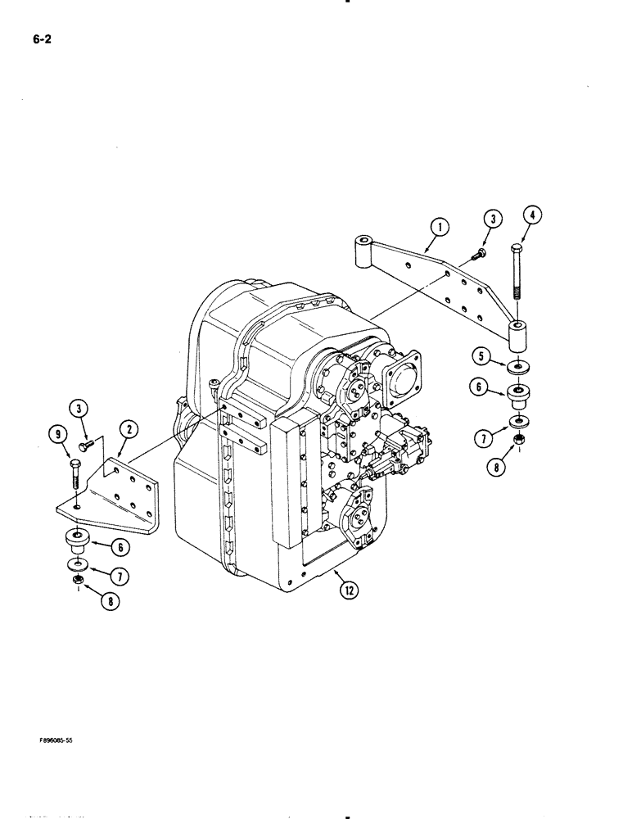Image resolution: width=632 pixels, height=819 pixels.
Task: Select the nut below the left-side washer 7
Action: [76, 583]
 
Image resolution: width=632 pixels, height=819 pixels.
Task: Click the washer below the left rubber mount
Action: [76, 565]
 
